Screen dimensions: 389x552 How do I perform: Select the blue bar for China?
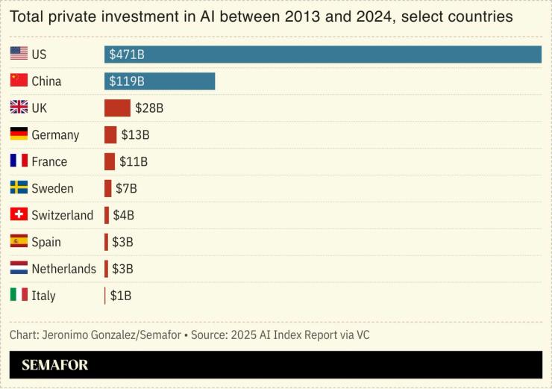tap(160, 81)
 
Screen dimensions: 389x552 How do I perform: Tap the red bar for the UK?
tap(117, 108)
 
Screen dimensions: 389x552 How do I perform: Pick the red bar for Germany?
tap(110, 135)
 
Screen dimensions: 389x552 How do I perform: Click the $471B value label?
tap(127, 55)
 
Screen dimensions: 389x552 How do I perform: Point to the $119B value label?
tap(127, 81)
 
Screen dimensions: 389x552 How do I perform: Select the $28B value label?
tap(149, 108)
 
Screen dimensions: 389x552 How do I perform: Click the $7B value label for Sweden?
tap(126, 188)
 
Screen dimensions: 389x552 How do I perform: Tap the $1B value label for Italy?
tap(121, 296)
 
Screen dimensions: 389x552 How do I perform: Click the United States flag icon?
tap(19, 54)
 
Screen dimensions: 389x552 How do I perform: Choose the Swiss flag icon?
tap(19, 215)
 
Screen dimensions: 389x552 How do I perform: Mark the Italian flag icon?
tap(19, 295)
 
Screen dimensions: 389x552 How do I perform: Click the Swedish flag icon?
tap(19, 188)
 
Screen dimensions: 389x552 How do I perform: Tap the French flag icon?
tap(19, 161)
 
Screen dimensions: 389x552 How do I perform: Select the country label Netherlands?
tap(63, 269)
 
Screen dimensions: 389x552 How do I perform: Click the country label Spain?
tap(46, 242)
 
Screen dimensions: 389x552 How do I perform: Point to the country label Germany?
tap(55, 135)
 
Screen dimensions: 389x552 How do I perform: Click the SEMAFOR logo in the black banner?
tap(54, 365)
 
